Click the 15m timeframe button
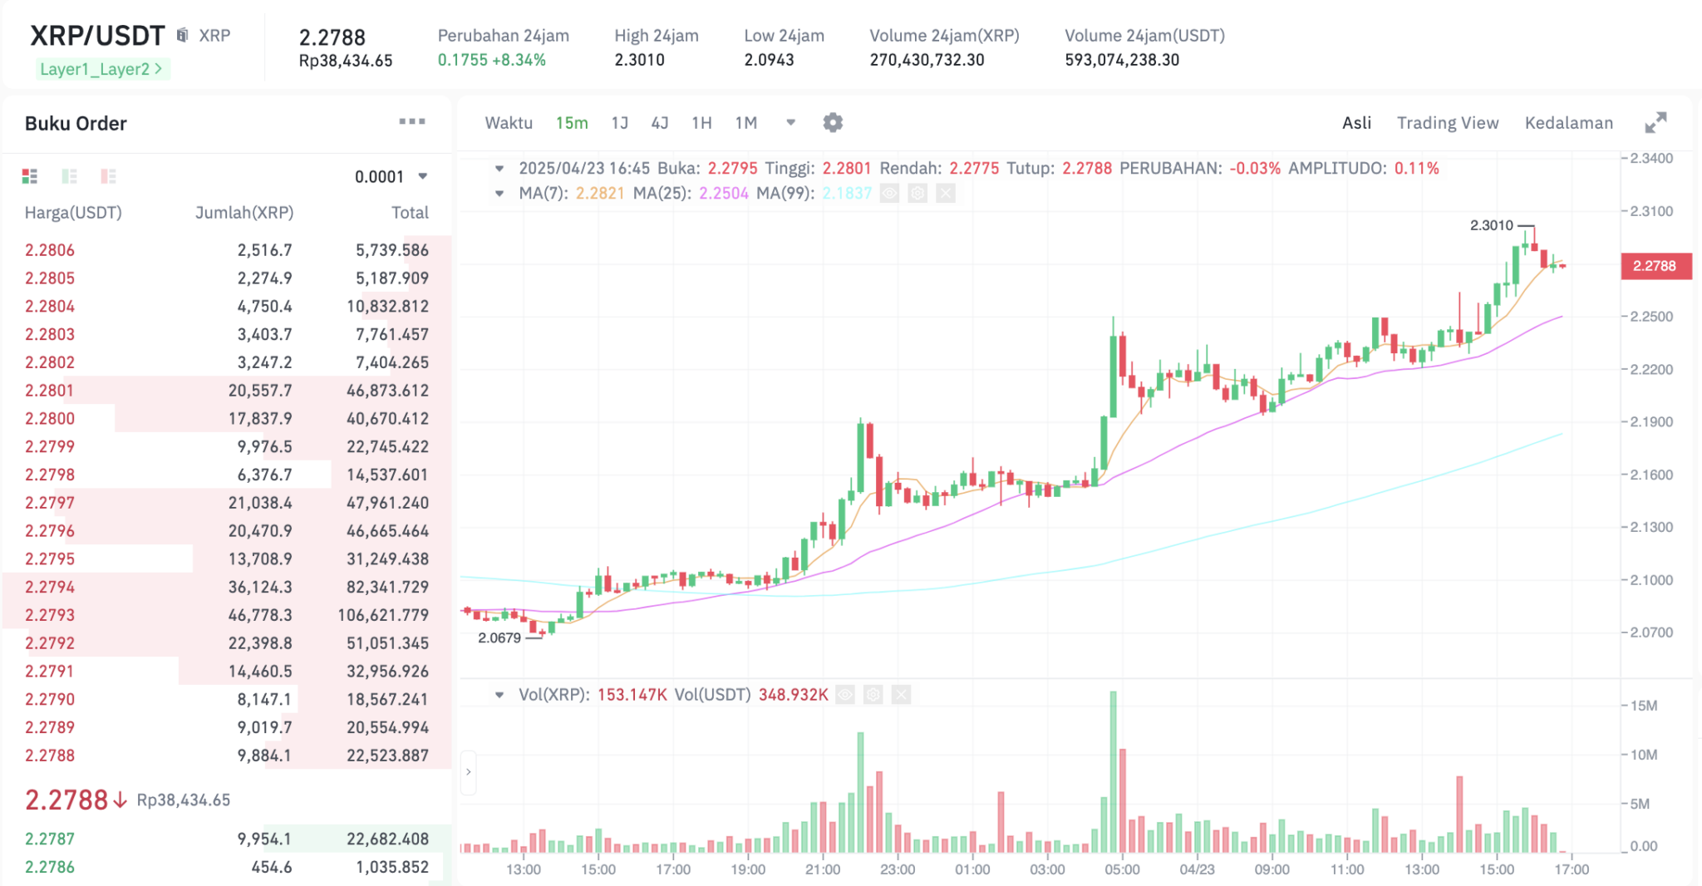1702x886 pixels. [x=572, y=123]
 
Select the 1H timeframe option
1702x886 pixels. [x=701, y=123]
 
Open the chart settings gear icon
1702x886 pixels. [x=833, y=123]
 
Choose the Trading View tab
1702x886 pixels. [x=1448, y=123]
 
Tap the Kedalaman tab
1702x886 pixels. [x=1568, y=123]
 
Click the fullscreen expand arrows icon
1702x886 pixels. [x=1655, y=123]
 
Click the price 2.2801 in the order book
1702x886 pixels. [x=50, y=391]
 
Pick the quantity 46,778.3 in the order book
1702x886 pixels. [x=260, y=615]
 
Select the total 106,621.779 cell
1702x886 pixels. [x=383, y=615]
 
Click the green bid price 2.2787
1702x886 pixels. [x=50, y=839]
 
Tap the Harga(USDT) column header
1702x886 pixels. [x=73, y=213]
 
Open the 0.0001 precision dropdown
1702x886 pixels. [x=391, y=176]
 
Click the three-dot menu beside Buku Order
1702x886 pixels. [x=411, y=122]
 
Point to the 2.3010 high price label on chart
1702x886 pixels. [x=1492, y=225]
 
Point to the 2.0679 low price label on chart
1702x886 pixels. [x=499, y=637]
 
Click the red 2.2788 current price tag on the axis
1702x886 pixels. [x=1655, y=266]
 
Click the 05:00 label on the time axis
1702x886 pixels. [x=1122, y=869]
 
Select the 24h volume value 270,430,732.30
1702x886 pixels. [x=927, y=60]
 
